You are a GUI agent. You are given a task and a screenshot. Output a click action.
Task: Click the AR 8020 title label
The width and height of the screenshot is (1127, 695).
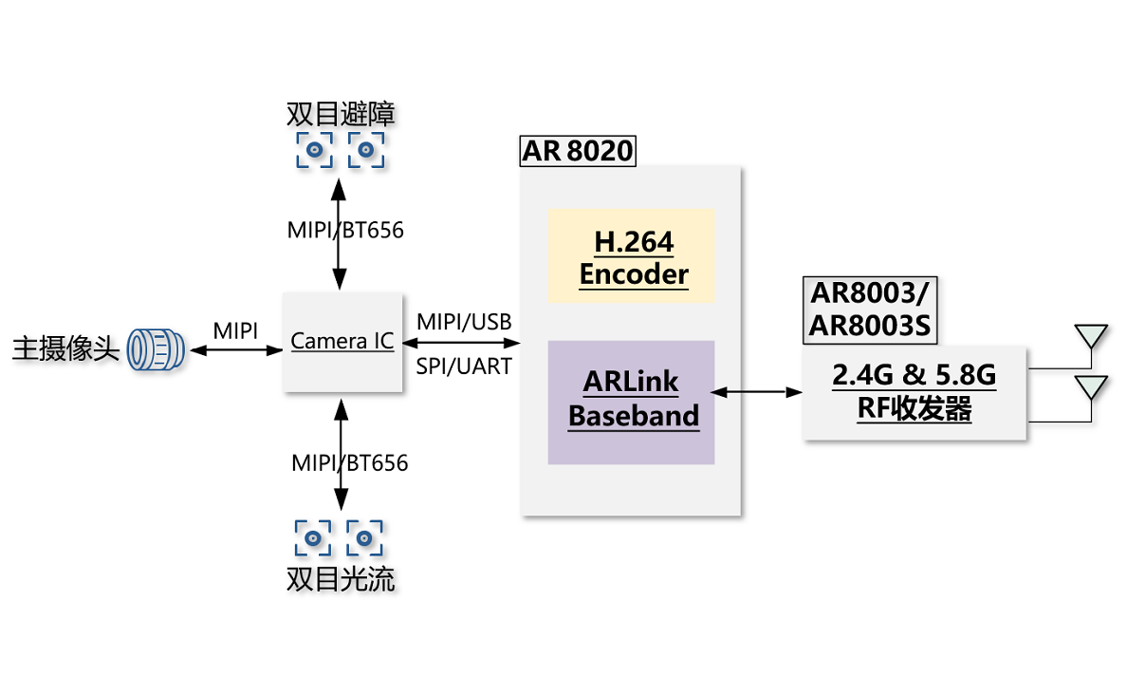click(x=578, y=151)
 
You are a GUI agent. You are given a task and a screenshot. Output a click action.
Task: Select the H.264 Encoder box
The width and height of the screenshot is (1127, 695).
click(x=631, y=256)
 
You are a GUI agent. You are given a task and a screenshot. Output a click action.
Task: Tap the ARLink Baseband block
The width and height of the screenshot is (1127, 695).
click(x=631, y=403)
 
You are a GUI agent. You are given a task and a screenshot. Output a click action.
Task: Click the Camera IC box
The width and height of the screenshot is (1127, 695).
click(x=342, y=342)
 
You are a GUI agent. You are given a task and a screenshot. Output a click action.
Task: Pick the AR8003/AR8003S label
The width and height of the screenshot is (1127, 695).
click(x=870, y=310)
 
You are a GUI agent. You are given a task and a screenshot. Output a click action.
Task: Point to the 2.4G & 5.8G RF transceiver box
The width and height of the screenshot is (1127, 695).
click(x=915, y=393)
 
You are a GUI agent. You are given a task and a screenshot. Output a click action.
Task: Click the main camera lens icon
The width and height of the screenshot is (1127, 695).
click(x=156, y=349)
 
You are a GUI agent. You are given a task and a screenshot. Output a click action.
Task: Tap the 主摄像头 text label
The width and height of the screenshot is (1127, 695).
click(x=65, y=349)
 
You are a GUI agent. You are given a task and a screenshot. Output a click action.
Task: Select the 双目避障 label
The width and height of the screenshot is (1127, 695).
click(x=341, y=114)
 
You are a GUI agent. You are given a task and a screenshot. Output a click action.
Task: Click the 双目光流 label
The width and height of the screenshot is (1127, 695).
click(x=341, y=579)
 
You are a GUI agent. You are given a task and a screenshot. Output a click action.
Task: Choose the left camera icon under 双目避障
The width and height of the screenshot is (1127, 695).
click(x=315, y=150)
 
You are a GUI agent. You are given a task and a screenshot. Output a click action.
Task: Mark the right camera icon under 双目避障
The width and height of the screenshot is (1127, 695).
click(x=366, y=150)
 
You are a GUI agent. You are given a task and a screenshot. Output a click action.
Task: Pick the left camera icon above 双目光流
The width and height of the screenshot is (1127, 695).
click(x=313, y=538)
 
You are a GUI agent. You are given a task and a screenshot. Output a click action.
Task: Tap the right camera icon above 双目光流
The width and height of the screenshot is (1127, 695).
click(x=364, y=538)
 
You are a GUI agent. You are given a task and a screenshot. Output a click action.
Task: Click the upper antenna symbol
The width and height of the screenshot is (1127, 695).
click(x=1091, y=337)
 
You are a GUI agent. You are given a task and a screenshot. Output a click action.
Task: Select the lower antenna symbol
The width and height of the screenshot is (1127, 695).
click(x=1091, y=387)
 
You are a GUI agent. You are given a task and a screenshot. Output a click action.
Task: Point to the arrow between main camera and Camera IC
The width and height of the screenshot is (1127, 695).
click(x=236, y=350)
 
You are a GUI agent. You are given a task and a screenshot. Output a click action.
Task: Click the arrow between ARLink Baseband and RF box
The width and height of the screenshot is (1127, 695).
click(x=756, y=392)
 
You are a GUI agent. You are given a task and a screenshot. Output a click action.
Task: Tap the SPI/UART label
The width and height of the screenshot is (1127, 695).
click(x=464, y=366)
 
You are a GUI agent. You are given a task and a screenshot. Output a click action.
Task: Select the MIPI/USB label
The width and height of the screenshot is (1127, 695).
click(x=464, y=322)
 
